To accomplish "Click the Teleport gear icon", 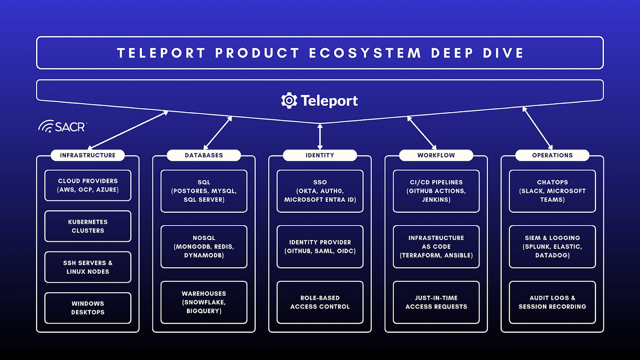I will pos(289,100).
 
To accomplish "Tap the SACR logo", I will pos(62,127).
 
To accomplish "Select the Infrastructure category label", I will pos(87,155).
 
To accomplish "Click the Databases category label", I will pos(204,155).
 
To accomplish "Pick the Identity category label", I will pos(320,155).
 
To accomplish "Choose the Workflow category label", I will pos(436,155).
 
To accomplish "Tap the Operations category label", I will pos(552,155).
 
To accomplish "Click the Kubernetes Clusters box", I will pos(87,226).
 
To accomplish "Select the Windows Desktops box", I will pos(87,308).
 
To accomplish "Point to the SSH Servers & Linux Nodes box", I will pos(87,267).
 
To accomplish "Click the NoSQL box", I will pos(204,247).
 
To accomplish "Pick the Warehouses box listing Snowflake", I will pos(204,302).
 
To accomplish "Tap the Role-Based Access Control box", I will pos(320,302).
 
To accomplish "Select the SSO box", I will pos(320,191).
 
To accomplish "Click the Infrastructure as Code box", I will pos(436,247).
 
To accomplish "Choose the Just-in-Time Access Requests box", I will pos(436,302).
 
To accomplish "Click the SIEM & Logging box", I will pos(552,247).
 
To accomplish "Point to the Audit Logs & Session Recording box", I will pos(552,302).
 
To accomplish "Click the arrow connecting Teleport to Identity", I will pos(320,137).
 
